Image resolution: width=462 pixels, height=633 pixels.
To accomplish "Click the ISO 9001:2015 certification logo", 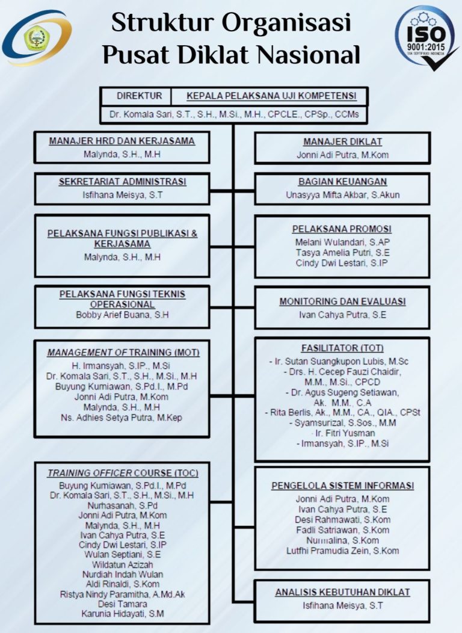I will tap(426, 37).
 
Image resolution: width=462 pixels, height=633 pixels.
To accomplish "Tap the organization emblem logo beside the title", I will tap(36, 37).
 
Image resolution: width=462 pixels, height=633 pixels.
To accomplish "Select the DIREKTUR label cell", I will tap(139, 96).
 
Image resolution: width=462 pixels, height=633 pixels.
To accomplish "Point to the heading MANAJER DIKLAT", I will tap(342, 142).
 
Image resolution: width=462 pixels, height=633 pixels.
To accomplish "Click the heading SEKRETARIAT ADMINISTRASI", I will tap(122, 182).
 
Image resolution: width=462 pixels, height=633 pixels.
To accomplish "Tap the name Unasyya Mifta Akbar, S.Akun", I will tap(342, 194).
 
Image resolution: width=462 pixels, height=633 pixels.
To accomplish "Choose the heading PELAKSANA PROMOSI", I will tap(342, 229).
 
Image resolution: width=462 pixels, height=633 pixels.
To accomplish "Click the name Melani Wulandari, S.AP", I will tap(342, 241).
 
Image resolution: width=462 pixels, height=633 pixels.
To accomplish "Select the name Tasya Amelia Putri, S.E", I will tap(342, 252).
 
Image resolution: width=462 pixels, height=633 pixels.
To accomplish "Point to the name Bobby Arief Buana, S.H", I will tap(122, 315).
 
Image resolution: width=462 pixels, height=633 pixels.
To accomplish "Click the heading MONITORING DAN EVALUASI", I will tap(342, 301).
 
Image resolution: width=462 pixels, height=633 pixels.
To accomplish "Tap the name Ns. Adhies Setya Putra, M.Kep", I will tap(122, 418).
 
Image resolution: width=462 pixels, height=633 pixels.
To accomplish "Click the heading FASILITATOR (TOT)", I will tap(342, 348).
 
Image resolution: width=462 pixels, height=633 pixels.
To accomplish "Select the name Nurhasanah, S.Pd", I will tap(122, 505).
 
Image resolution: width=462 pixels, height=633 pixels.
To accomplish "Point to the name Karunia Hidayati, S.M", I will tap(122, 613).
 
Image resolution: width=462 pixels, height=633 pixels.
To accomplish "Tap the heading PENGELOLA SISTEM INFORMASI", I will tap(342, 486).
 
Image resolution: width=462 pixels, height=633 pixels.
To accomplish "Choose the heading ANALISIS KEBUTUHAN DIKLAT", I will tap(342, 592).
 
